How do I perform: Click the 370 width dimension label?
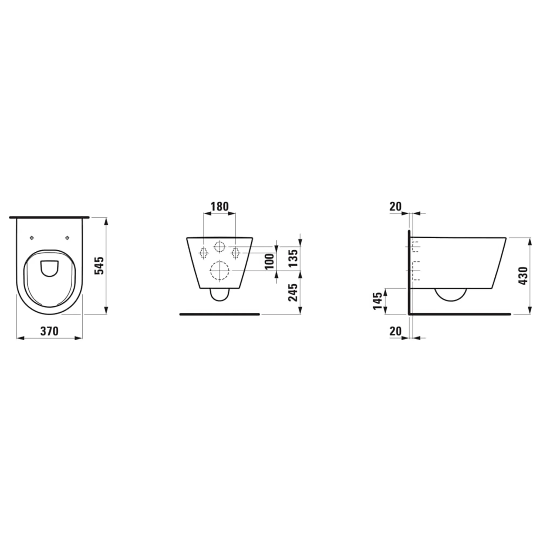tap(49, 331)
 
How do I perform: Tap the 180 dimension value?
tap(220, 207)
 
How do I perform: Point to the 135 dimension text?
tap(293, 258)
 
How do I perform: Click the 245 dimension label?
tap(293, 293)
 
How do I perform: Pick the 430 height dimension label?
tap(523, 276)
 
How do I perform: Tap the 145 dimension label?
tap(377, 301)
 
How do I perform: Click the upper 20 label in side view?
tap(395, 207)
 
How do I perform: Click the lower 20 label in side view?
tap(395, 331)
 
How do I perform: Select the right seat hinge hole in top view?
tap(67, 238)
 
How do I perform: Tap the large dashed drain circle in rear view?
tap(220, 270)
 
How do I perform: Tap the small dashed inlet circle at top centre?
tap(220, 246)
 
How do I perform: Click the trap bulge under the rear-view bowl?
tap(220, 295)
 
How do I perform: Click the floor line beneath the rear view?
tap(220, 314)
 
